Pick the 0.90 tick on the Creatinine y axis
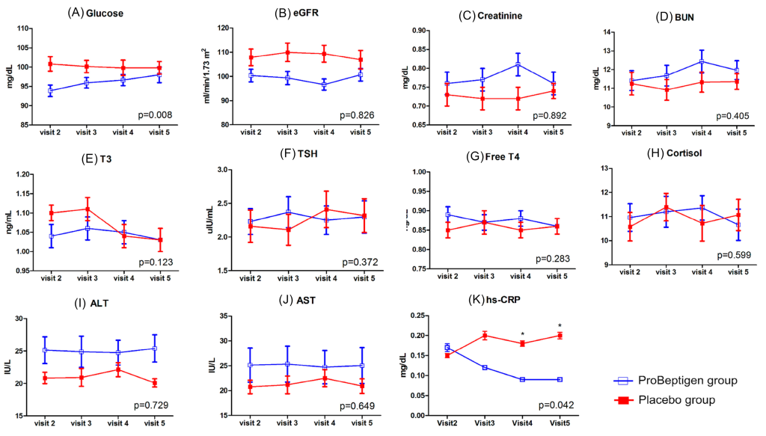click(417, 31)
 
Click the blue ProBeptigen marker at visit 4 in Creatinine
click(517, 64)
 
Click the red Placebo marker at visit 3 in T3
click(88, 209)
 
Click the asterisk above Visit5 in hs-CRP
click(560, 326)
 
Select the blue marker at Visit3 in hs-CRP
click(485, 367)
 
